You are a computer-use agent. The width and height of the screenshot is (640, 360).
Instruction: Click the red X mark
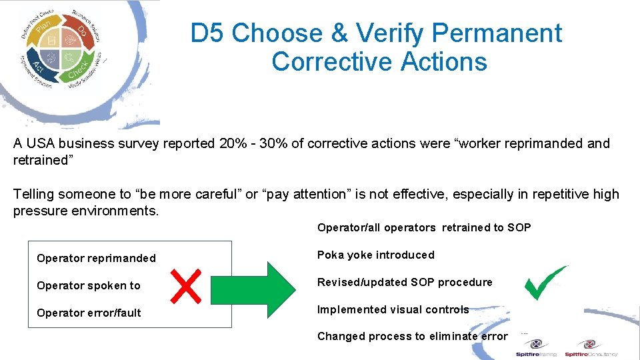[x=186, y=285]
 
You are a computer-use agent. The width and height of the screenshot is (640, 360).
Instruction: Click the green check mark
[x=545, y=283]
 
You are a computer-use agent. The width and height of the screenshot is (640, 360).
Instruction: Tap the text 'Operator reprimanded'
[x=96, y=258]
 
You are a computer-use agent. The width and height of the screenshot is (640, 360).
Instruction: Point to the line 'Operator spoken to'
[x=89, y=285]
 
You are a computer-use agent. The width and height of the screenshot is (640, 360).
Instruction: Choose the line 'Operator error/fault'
[x=89, y=313]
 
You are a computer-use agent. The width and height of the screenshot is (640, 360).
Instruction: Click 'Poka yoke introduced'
[x=375, y=255]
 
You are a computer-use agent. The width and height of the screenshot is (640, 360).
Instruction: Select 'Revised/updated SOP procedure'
[x=405, y=282]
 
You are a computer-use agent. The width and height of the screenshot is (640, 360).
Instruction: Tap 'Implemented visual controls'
[x=393, y=309]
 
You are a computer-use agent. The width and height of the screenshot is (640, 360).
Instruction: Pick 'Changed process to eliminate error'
[x=412, y=336]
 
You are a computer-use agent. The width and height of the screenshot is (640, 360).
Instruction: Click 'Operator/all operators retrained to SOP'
[x=424, y=227]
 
